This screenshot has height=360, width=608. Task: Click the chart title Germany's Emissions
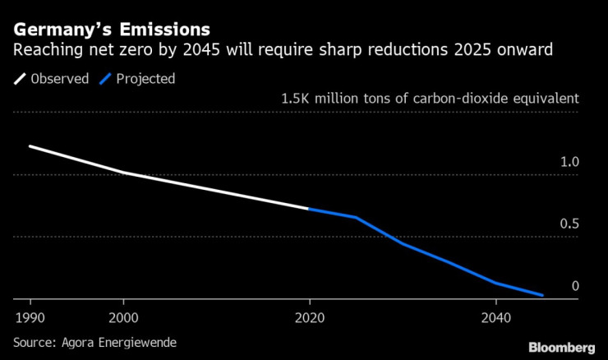(x=111, y=30)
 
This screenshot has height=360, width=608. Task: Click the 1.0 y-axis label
(x=569, y=162)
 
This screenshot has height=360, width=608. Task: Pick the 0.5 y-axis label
(x=569, y=224)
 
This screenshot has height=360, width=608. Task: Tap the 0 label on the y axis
(x=575, y=286)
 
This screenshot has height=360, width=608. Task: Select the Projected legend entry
(x=145, y=80)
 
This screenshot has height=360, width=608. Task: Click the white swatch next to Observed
(x=20, y=80)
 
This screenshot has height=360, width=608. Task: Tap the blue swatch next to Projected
(x=104, y=80)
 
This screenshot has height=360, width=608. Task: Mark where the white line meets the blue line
(x=309, y=209)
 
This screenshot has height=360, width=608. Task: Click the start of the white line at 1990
(x=30, y=146)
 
